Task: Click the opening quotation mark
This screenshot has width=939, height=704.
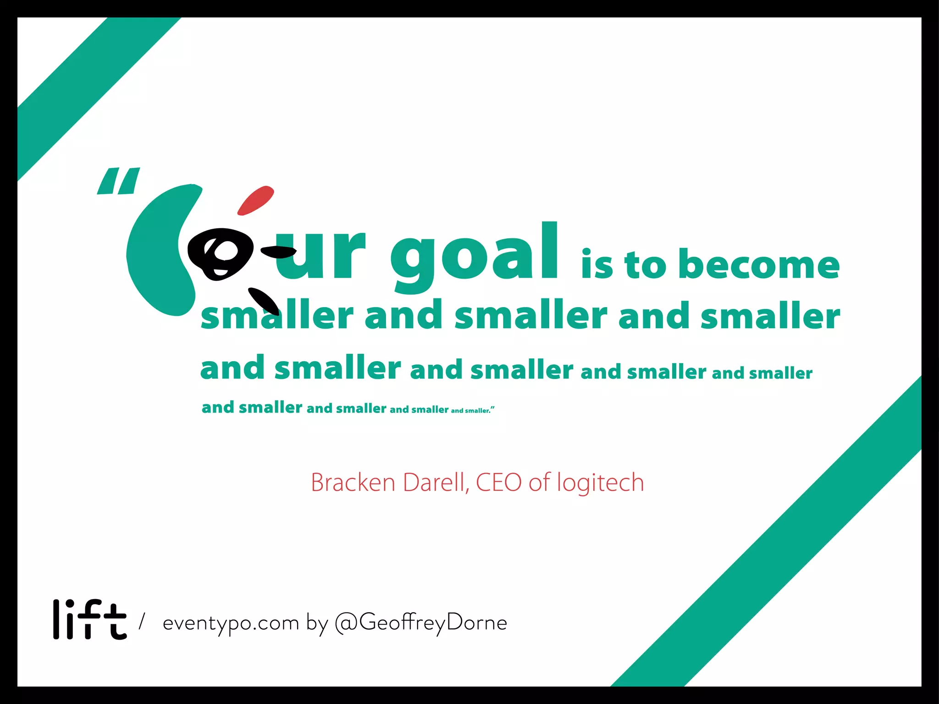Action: [118, 181]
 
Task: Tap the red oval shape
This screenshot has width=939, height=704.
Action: [255, 200]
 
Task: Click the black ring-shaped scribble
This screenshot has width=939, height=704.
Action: [220, 253]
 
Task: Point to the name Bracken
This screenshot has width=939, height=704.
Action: [353, 483]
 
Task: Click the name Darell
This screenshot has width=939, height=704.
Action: [436, 483]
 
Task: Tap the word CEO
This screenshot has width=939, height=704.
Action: [499, 483]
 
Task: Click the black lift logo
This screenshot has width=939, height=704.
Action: [90, 620]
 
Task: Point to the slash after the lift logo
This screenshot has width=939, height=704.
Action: [142, 621]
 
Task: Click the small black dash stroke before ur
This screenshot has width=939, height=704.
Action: [278, 251]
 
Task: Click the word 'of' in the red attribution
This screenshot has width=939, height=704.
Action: [539, 483]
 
